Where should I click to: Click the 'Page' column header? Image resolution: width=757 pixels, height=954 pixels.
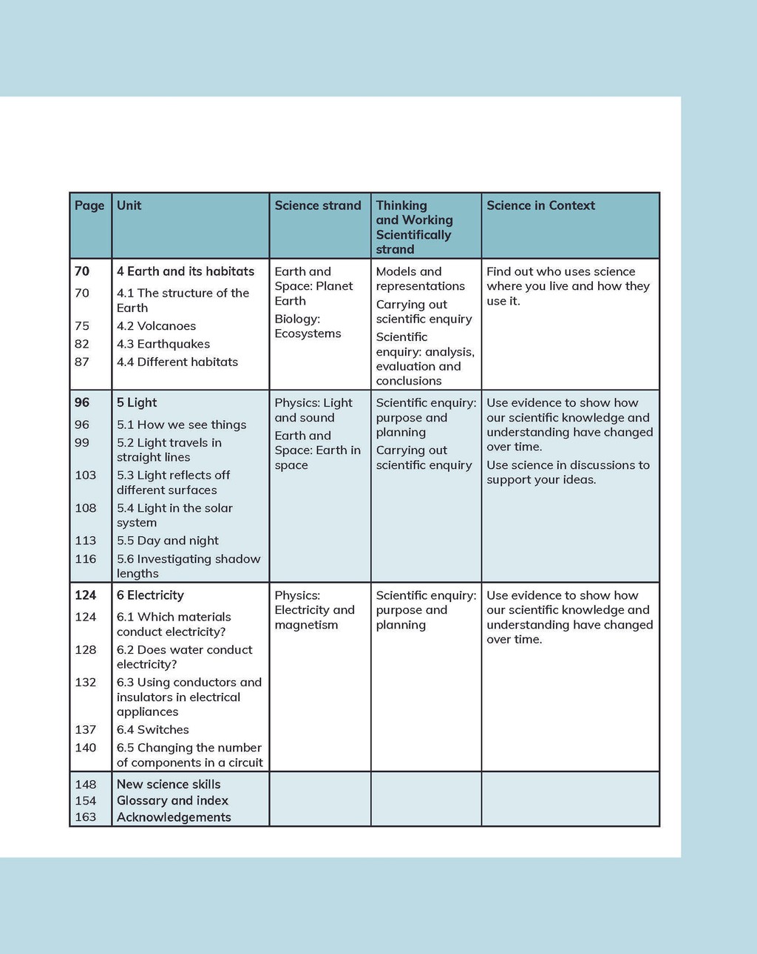(x=89, y=206)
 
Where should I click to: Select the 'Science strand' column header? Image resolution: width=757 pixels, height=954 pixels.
(x=318, y=206)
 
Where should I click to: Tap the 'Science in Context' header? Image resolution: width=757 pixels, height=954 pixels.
(x=540, y=206)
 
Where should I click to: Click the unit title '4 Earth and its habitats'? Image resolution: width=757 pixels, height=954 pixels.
(x=186, y=271)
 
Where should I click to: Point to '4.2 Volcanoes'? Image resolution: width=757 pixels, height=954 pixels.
(x=157, y=326)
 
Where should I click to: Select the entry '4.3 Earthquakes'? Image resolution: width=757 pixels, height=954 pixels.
(x=163, y=344)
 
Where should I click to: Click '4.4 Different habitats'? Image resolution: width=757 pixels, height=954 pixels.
(x=177, y=362)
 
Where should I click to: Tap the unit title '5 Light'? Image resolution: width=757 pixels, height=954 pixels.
(x=137, y=402)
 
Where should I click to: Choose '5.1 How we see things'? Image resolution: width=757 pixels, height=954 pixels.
(x=182, y=424)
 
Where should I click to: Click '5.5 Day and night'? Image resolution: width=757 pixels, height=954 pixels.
(x=168, y=541)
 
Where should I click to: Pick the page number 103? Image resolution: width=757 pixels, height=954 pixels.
(x=86, y=475)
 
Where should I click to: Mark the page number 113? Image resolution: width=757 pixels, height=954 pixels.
(x=86, y=541)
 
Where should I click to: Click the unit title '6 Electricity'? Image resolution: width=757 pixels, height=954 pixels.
(x=150, y=595)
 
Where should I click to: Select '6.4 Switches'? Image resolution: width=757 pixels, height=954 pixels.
(x=153, y=730)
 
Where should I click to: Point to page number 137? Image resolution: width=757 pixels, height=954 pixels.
(x=86, y=730)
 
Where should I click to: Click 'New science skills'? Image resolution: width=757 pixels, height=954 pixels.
(x=169, y=784)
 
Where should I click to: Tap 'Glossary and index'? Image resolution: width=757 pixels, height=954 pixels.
(x=172, y=801)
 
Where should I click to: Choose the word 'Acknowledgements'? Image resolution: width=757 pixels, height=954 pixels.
(x=174, y=817)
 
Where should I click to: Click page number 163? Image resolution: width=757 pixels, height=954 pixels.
(x=86, y=817)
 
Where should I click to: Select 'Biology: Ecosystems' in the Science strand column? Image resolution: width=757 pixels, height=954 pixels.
(x=308, y=326)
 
